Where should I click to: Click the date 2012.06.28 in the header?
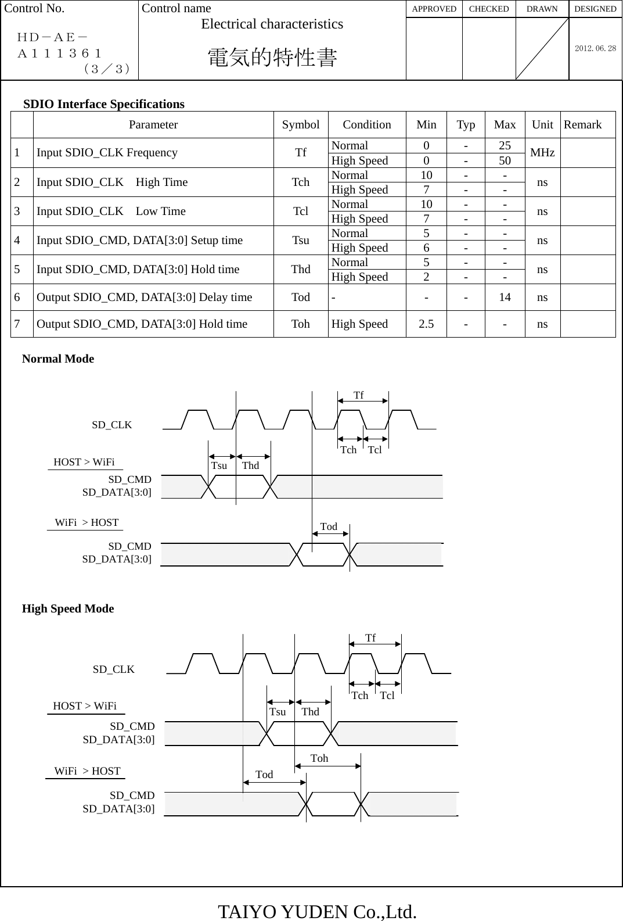595,48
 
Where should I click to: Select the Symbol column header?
300,124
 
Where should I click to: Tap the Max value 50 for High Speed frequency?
505,160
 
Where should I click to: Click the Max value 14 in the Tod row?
505,297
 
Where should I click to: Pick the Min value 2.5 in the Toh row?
426,324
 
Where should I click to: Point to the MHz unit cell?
542,153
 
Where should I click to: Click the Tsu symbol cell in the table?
300,240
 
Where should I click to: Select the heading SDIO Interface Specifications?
104,104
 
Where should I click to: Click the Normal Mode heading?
58,359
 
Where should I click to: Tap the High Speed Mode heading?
68,608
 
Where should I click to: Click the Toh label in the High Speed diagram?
319,758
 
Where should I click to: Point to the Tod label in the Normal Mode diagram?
329,526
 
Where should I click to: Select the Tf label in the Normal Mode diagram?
359,395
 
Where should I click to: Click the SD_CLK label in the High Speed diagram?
114,669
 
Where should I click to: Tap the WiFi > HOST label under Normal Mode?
87,522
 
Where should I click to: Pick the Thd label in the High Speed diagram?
311,712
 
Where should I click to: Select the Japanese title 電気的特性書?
272,58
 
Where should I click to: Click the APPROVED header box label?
434,9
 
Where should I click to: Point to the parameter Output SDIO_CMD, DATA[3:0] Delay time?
145,297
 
